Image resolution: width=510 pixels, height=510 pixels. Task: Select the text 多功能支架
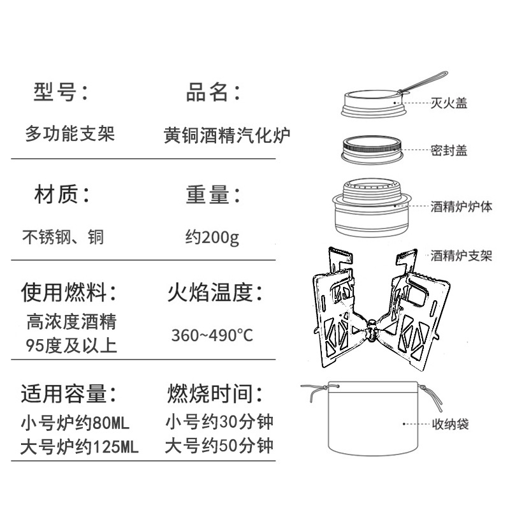[69, 135]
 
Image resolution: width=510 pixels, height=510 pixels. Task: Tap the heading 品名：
[214, 92]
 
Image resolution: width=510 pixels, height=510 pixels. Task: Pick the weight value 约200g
[212, 238]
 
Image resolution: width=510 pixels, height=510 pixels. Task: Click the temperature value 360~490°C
[212, 335]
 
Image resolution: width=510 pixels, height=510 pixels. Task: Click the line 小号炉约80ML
[74, 422]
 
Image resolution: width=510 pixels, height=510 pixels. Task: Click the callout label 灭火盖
[449, 103]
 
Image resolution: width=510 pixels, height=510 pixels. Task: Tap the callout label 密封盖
[449, 150]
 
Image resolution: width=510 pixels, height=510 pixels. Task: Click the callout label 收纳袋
[449, 423]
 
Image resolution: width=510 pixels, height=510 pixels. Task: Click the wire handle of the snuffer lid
[421, 82]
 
